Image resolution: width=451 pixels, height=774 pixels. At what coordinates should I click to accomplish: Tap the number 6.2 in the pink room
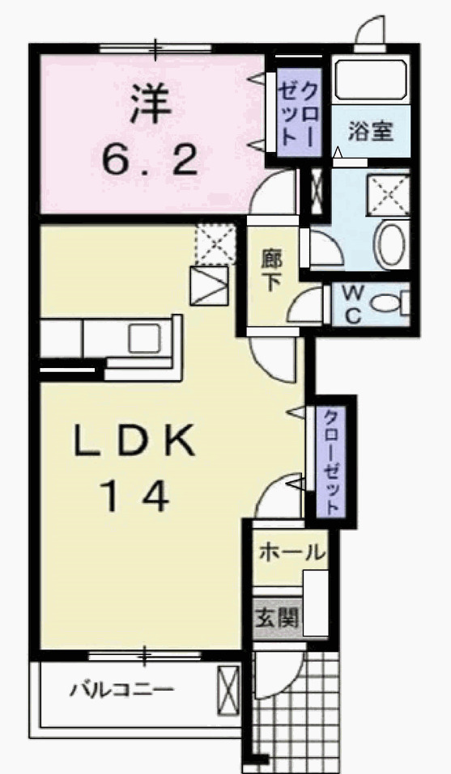pos(151,159)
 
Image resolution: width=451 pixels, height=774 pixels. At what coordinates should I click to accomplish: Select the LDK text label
pos(134,442)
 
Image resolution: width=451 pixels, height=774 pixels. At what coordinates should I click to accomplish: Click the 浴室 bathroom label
pos(371,131)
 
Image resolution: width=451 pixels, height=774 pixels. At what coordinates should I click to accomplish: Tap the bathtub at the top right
pos(371,79)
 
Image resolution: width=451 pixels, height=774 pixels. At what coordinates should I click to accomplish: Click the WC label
pos(352,305)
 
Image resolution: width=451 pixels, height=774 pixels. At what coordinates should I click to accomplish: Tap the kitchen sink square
pos(144,338)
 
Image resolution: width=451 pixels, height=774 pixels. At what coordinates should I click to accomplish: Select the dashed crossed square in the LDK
pos(215,244)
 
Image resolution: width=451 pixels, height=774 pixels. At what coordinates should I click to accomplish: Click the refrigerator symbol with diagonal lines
pos(209,285)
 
